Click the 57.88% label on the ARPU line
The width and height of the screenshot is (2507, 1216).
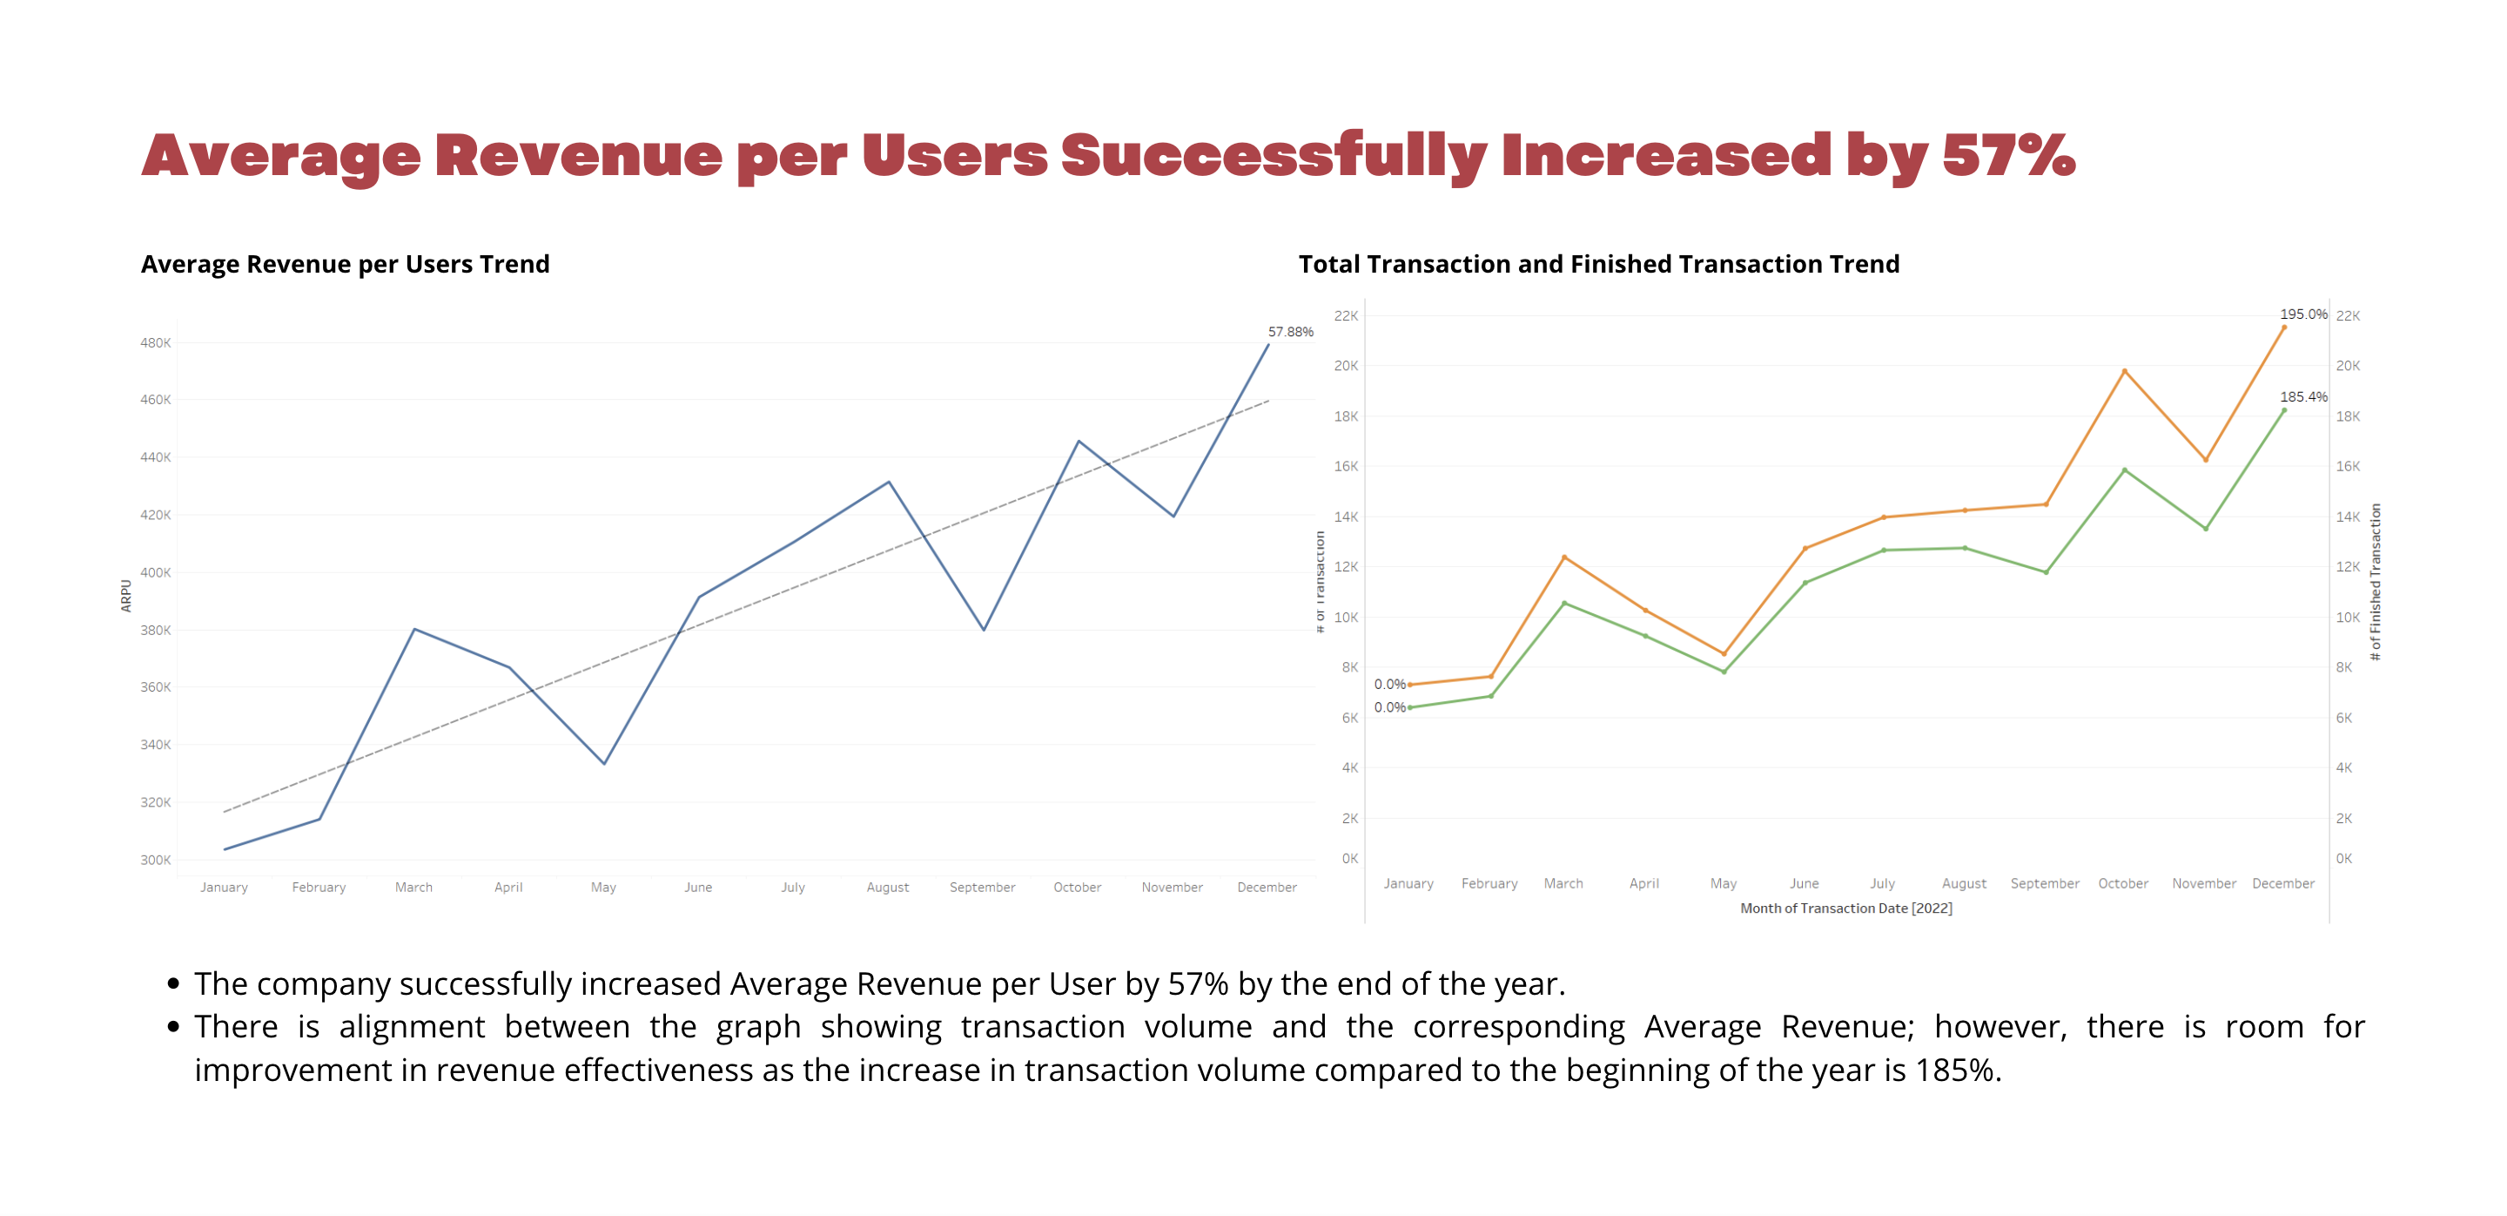[x=1289, y=332]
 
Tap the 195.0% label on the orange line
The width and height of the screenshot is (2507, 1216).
[x=2302, y=314]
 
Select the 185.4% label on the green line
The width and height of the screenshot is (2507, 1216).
[x=2302, y=397]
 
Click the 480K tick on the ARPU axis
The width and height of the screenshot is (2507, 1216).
[x=155, y=342]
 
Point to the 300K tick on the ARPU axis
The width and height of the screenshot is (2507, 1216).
[x=155, y=860]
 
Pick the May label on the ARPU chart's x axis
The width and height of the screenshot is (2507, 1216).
[x=603, y=887]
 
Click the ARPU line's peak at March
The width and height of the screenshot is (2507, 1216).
[x=414, y=629]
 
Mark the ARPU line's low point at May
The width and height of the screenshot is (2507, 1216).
[x=604, y=763]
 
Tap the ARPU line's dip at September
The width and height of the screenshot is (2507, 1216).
[x=984, y=630]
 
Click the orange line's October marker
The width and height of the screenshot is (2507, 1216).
[x=2125, y=371]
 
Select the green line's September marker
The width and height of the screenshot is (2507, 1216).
[x=2046, y=572]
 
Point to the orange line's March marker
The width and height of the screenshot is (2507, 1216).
[x=1564, y=557]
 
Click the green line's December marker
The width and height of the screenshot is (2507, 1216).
[x=2284, y=411]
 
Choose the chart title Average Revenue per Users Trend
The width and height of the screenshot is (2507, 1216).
[x=345, y=264]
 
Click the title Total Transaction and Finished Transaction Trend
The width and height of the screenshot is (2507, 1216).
[x=1598, y=264]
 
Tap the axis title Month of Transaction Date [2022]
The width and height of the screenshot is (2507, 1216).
[x=1845, y=909]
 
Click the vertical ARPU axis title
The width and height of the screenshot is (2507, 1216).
[x=125, y=596]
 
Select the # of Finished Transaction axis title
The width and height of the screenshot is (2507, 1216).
[x=2376, y=582]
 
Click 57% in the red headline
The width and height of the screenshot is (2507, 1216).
[x=2007, y=156]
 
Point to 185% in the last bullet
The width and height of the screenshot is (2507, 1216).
[x=1956, y=1070]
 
